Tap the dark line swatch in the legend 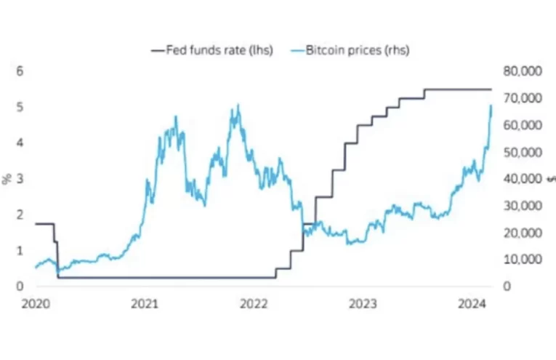tap(158, 50)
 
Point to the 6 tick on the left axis tap(20, 71)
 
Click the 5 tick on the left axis tap(20, 107)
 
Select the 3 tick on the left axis tap(20, 178)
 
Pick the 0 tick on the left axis tap(20, 286)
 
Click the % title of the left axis tap(7, 179)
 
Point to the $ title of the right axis tap(550, 179)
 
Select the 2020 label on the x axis tap(36, 303)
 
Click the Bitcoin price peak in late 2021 tap(236, 106)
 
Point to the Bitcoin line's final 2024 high tap(491, 106)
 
